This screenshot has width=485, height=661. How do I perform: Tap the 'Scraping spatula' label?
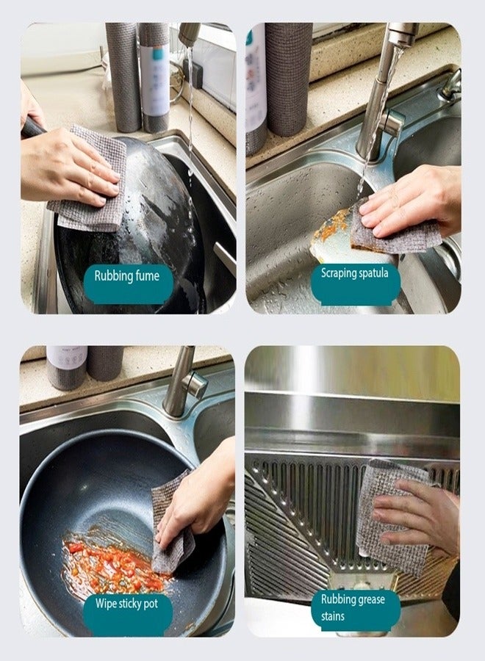[x=355, y=273]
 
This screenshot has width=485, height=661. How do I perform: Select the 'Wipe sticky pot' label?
[x=127, y=604]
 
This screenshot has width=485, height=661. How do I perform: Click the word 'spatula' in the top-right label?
[x=373, y=273]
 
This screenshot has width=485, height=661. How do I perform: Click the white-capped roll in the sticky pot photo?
[x=67, y=367]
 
